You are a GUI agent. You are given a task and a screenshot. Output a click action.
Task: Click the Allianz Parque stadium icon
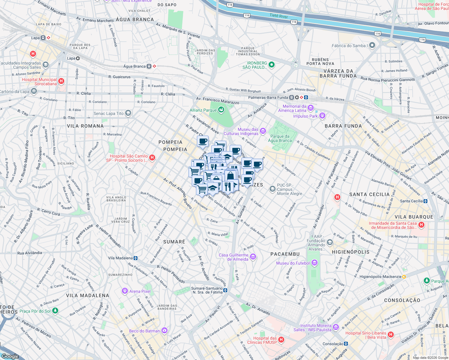(221, 110)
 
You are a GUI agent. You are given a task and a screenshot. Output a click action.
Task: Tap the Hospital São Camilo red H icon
(152, 157)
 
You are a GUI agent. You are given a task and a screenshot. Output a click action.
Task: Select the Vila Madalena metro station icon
(136, 258)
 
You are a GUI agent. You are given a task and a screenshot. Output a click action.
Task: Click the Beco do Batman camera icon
(164, 331)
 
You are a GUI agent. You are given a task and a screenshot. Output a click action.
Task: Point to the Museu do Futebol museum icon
(315, 263)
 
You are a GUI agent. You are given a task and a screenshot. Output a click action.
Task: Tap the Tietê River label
(279, 16)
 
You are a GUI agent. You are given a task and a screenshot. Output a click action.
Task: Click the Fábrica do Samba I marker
(372, 46)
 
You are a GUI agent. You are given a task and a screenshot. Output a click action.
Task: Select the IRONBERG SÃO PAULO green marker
(272, 65)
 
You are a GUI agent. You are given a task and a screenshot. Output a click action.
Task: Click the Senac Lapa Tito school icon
(128, 113)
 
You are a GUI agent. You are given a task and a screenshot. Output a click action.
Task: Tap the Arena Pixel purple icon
(125, 291)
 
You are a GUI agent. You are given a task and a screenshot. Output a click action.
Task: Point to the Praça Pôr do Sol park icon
(55, 311)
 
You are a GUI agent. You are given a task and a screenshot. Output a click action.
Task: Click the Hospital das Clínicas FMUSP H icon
(281, 340)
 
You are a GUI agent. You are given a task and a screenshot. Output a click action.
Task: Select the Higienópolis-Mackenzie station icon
(404, 277)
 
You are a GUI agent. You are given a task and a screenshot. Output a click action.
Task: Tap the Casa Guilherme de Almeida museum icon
(253, 257)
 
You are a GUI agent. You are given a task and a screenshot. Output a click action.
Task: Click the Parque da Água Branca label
(280, 138)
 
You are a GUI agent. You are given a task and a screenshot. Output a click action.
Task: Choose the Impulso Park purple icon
(322, 115)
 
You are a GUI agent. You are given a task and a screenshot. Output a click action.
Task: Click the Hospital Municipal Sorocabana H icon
(61, 81)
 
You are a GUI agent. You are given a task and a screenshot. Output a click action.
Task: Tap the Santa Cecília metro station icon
(425, 201)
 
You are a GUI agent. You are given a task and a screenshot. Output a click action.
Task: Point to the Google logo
(10, 356)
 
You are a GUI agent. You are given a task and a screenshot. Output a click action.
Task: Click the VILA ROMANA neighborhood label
(85, 126)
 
